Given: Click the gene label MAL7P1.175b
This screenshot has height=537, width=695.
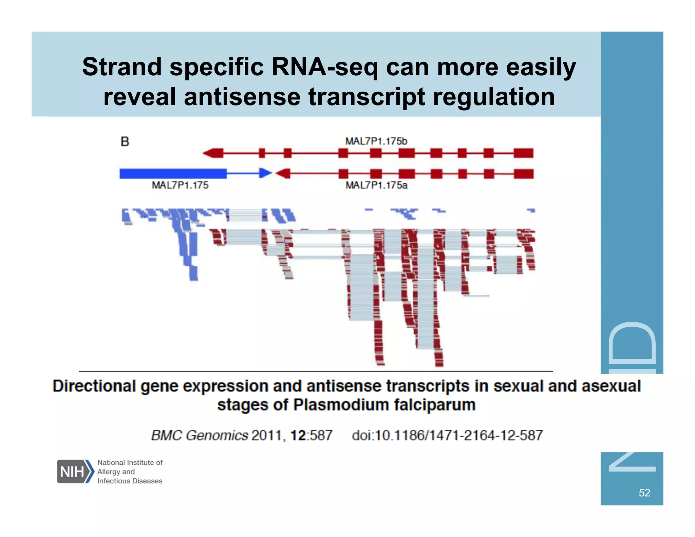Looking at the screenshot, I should click(x=376, y=141).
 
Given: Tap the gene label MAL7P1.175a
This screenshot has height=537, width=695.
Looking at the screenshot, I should click(x=376, y=185).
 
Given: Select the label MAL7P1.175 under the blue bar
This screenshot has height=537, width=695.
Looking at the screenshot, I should click(x=180, y=185).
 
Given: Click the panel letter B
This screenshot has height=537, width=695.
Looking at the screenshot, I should click(x=125, y=142).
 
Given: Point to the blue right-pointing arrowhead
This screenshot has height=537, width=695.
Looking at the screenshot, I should click(x=265, y=173).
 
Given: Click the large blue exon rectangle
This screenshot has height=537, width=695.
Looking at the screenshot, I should click(x=173, y=173).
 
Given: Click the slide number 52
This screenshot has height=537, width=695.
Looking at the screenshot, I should click(x=644, y=493).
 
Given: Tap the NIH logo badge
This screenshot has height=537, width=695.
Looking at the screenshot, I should click(x=75, y=471).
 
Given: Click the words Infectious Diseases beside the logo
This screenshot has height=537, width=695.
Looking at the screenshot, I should click(x=130, y=481).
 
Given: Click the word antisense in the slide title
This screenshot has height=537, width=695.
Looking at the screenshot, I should click(x=242, y=97).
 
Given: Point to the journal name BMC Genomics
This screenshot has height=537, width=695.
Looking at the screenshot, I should click(x=200, y=436).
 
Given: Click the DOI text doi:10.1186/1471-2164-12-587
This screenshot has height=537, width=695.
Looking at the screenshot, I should click(x=447, y=436).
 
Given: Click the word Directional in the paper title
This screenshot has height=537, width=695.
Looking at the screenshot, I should click(x=94, y=386).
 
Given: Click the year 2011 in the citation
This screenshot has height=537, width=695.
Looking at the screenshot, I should click(x=266, y=436).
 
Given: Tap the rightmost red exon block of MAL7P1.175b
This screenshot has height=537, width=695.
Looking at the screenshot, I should click(x=523, y=153).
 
